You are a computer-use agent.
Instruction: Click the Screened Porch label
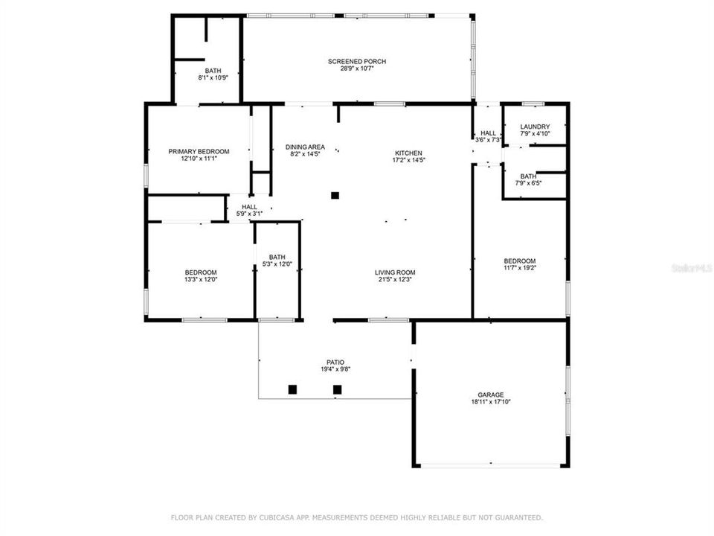click(357, 61)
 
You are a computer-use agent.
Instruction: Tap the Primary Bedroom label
click(199, 151)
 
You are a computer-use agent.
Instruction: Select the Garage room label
click(490, 395)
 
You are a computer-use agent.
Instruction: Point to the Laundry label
click(535, 127)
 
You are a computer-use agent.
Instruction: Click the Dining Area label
click(305, 147)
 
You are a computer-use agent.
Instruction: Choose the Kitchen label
click(408, 153)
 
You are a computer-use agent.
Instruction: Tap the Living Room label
click(394, 272)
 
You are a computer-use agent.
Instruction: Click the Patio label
click(335, 362)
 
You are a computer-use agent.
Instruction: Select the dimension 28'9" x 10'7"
click(357, 68)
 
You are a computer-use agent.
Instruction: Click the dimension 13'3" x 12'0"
click(201, 280)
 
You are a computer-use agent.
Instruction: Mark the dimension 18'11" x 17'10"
click(490, 402)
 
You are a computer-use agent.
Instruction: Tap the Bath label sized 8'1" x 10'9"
click(213, 71)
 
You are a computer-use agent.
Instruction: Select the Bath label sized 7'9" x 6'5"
click(529, 176)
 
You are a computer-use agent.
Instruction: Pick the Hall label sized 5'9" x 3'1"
click(249, 207)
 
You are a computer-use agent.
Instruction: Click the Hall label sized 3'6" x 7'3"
click(488, 133)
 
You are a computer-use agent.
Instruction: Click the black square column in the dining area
click(335, 195)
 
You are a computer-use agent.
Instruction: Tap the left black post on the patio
click(292, 389)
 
